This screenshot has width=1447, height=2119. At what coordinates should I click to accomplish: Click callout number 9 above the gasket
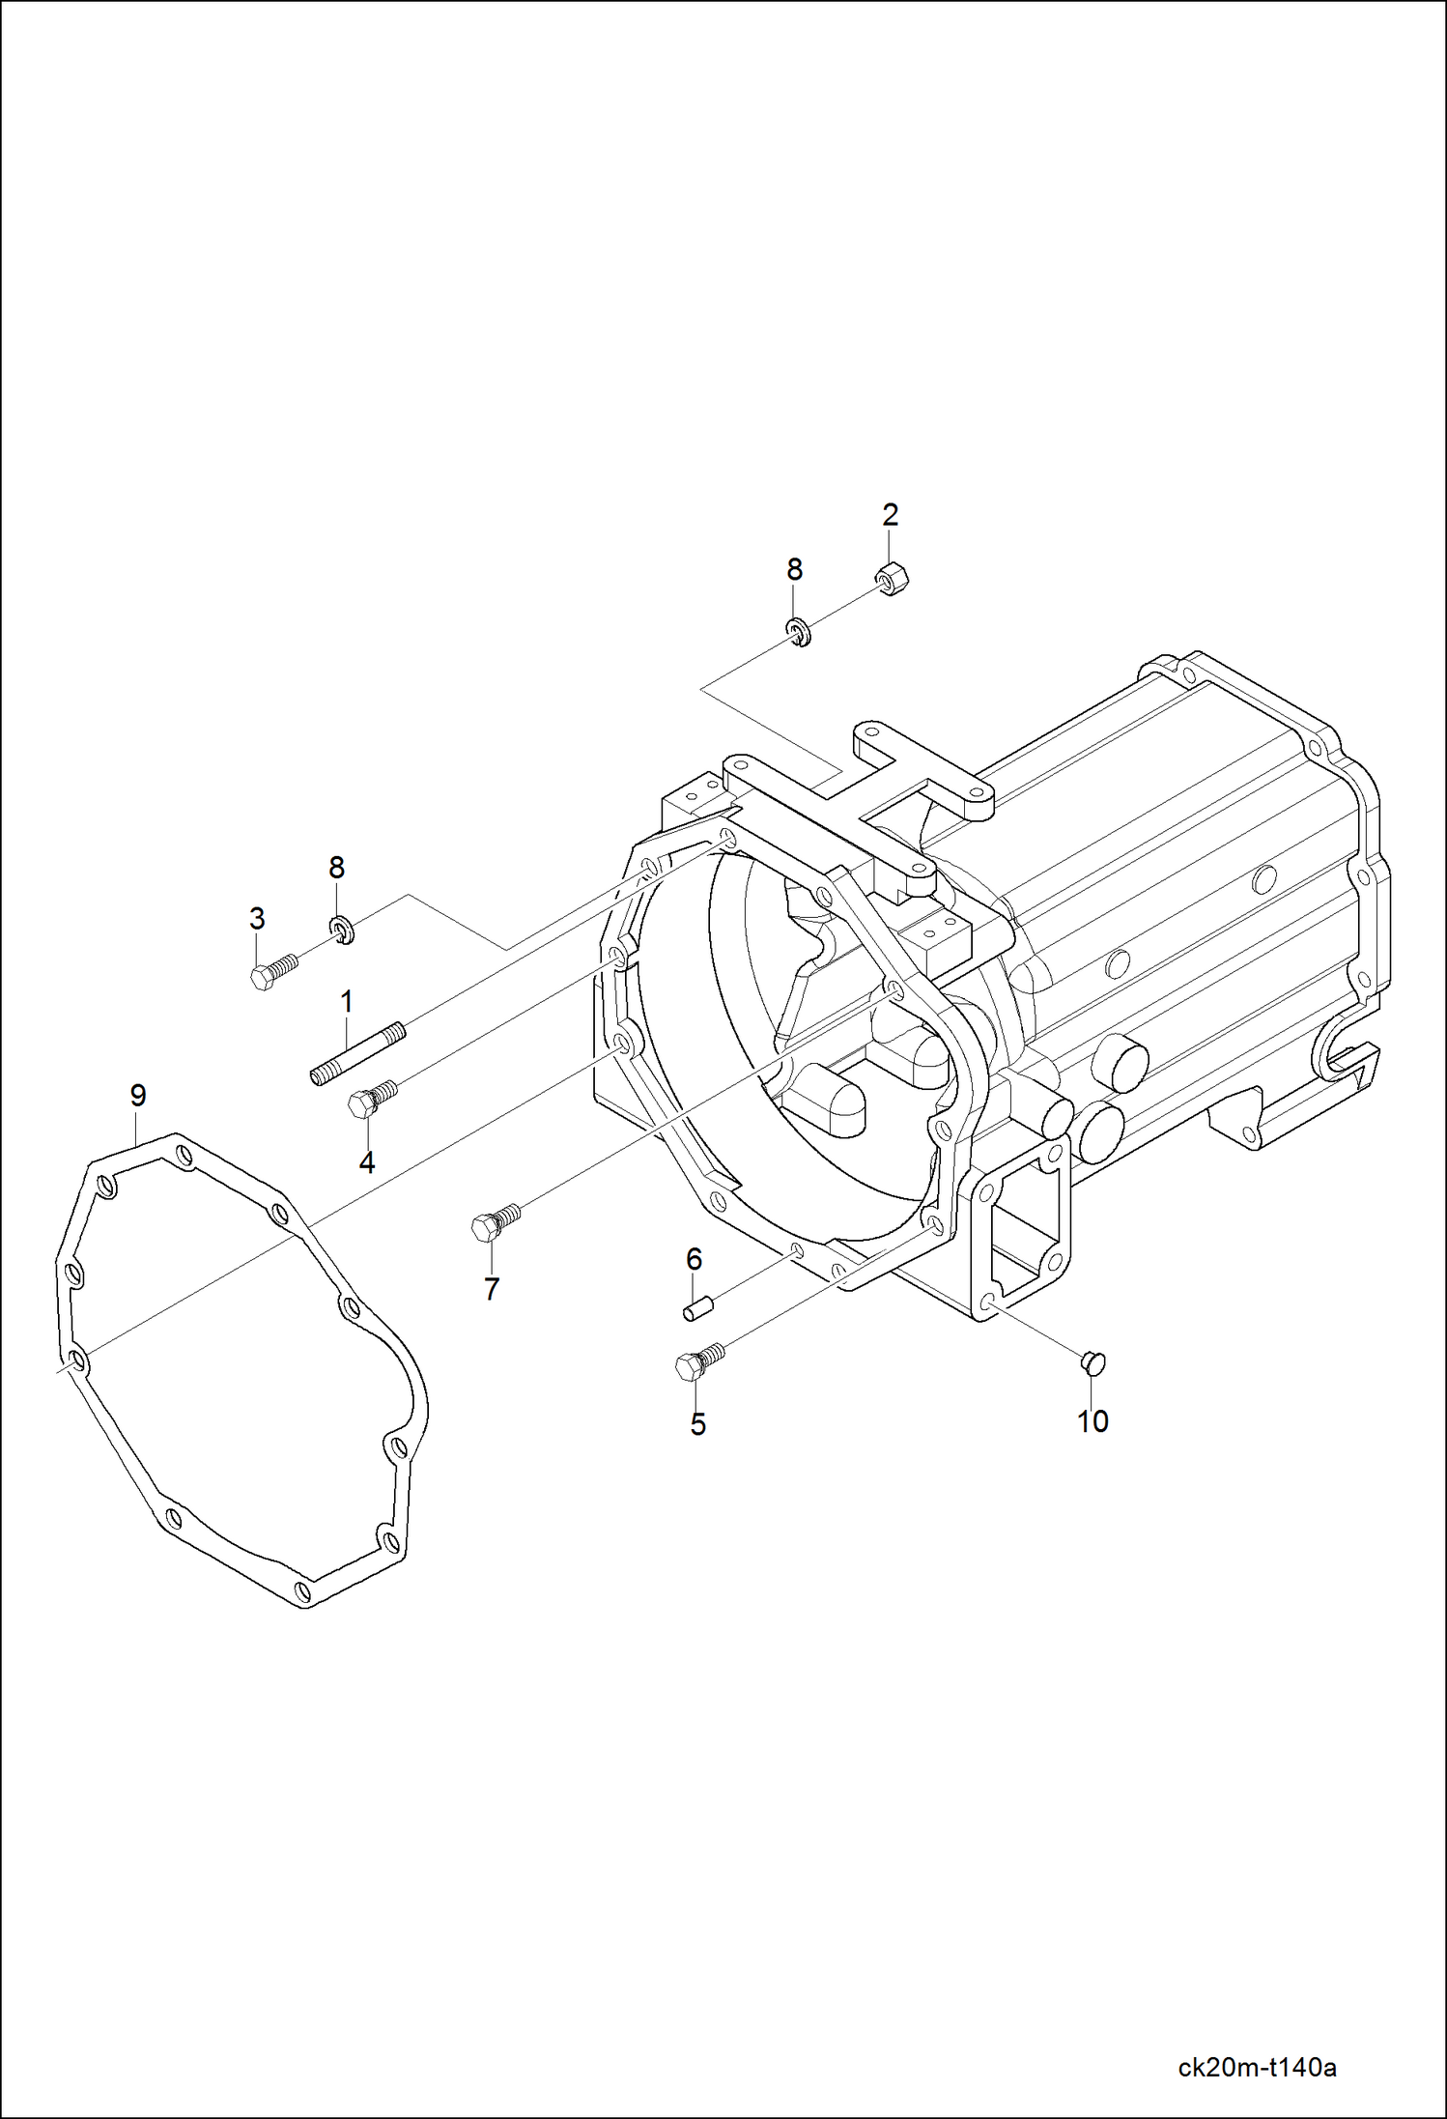tap(138, 1096)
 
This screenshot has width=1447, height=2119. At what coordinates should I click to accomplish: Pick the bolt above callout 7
tap(495, 1221)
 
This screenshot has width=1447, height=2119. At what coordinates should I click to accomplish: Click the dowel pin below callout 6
tap(697, 1311)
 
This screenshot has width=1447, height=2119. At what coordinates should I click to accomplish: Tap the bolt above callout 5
tap(697, 1362)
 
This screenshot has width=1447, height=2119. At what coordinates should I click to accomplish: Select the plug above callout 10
tap(1092, 1362)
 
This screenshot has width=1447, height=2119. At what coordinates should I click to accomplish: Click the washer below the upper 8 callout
tap(798, 634)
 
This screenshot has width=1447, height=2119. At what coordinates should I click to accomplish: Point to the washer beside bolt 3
tap(341, 931)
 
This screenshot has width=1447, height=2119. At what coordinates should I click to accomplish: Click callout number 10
tap(1092, 1421)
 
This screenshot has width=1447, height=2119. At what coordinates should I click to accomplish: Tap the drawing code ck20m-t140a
tap(1257, 2067)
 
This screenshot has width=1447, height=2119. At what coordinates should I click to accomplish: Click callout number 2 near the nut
tap(890, 515)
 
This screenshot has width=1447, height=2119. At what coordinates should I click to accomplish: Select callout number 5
tap(697, 1424)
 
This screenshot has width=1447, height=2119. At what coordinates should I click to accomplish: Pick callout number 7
tap(492, 1289)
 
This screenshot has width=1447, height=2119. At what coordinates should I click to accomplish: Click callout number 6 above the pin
tap(694, 1259)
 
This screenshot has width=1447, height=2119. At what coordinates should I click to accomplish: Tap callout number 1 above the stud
tap(346, 1002)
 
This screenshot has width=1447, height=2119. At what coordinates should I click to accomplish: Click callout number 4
tap(367, 1163)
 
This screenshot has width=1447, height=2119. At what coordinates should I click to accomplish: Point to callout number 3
tap(257, 918)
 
